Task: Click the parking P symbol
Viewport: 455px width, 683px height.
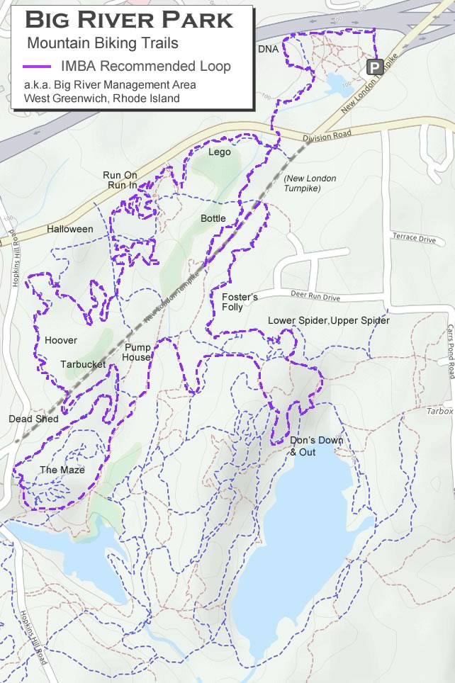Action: (374, 67)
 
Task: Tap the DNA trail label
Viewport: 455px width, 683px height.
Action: (268, 49)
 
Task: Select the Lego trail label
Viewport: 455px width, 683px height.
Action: (220, 152)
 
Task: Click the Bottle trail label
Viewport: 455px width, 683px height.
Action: (213, 218)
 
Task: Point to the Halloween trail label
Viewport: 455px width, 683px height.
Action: (70, 229)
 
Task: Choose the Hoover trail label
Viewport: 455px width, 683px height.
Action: (61, 340)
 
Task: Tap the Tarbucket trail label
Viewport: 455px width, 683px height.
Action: (83, 364)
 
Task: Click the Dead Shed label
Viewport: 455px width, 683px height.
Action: (33, 419)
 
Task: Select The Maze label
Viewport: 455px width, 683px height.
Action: (62, 470)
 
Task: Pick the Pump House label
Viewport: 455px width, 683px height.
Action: (137, 352)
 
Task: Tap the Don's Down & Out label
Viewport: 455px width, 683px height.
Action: (316, 446)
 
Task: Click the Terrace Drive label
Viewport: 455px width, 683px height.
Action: (414, 238)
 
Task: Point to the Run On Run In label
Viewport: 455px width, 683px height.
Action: (120, 180)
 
